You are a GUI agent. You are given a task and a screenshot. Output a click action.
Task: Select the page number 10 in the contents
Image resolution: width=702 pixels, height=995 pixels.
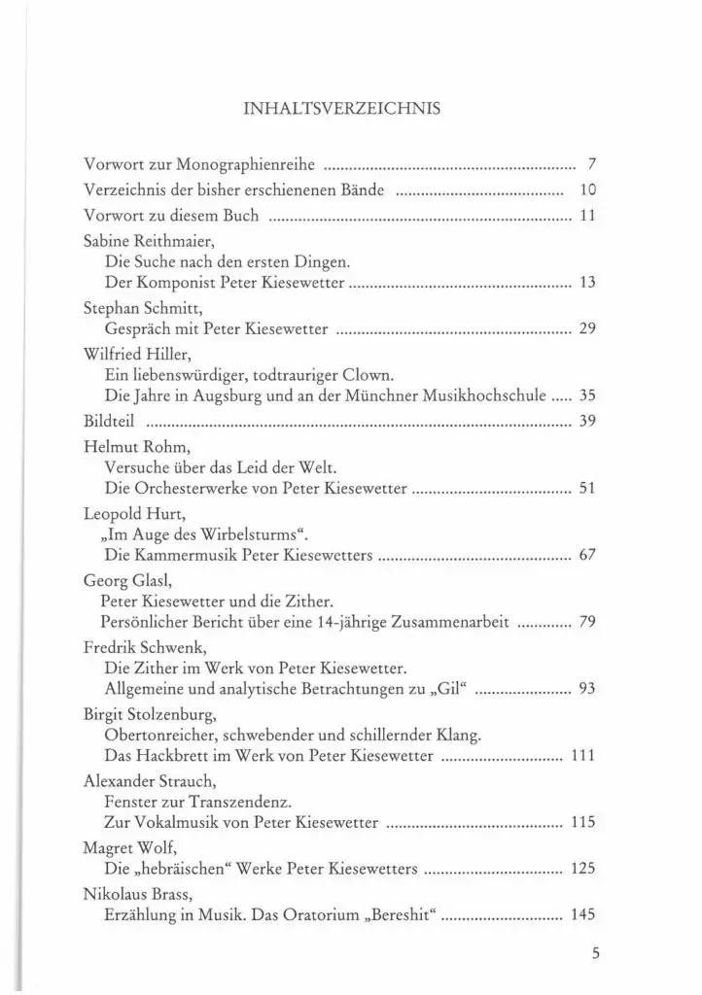click(586, 189)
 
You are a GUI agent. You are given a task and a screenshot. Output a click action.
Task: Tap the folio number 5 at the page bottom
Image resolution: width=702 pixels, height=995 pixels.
click(595, 954)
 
